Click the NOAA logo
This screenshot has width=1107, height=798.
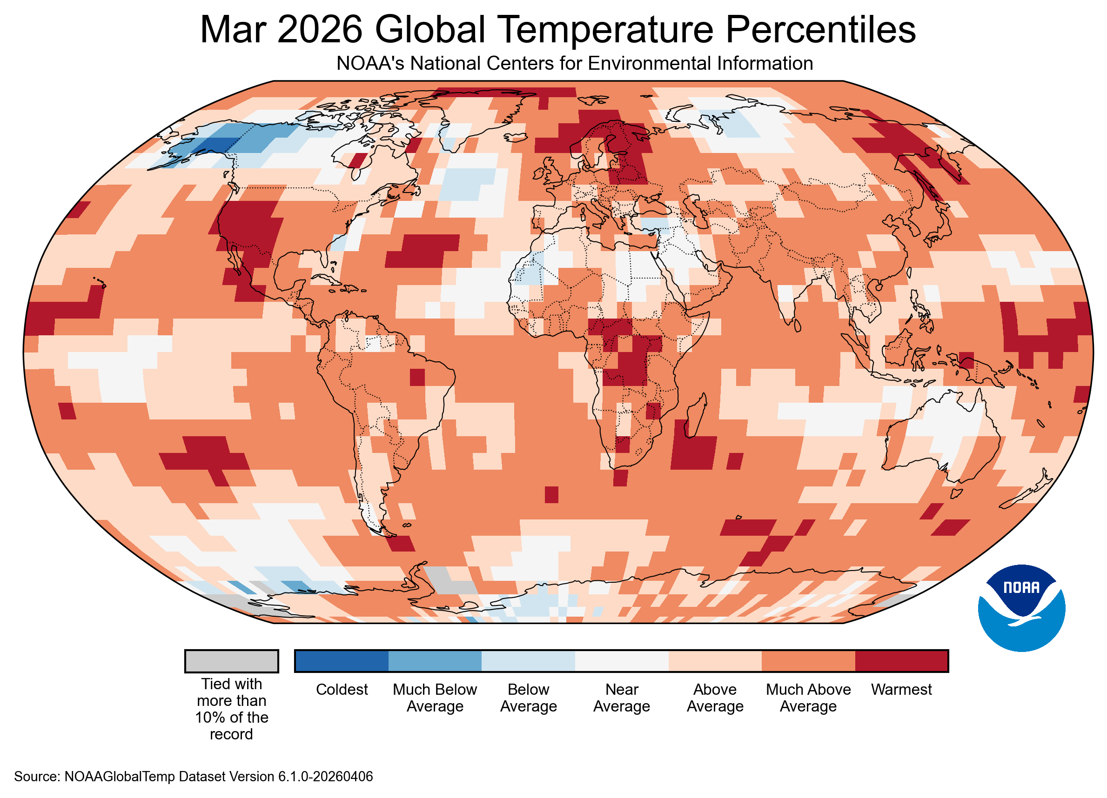point(1021,608)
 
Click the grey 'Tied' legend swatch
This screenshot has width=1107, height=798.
point(231,661)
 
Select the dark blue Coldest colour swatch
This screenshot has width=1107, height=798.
point(342,661)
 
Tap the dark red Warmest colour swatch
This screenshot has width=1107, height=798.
point(901,661)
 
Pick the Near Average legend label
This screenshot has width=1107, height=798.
point(621,698)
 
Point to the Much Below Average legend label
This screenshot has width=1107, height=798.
point(435,698)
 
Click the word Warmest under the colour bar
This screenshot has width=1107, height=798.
point(901,689)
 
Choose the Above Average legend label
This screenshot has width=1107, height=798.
point(715,698)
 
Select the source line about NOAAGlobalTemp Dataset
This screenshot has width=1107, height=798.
point(193,777)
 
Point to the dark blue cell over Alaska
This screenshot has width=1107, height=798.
point(212,145)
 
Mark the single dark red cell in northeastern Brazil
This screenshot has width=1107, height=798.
point(417,377)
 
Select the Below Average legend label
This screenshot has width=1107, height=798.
point(528,698)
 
